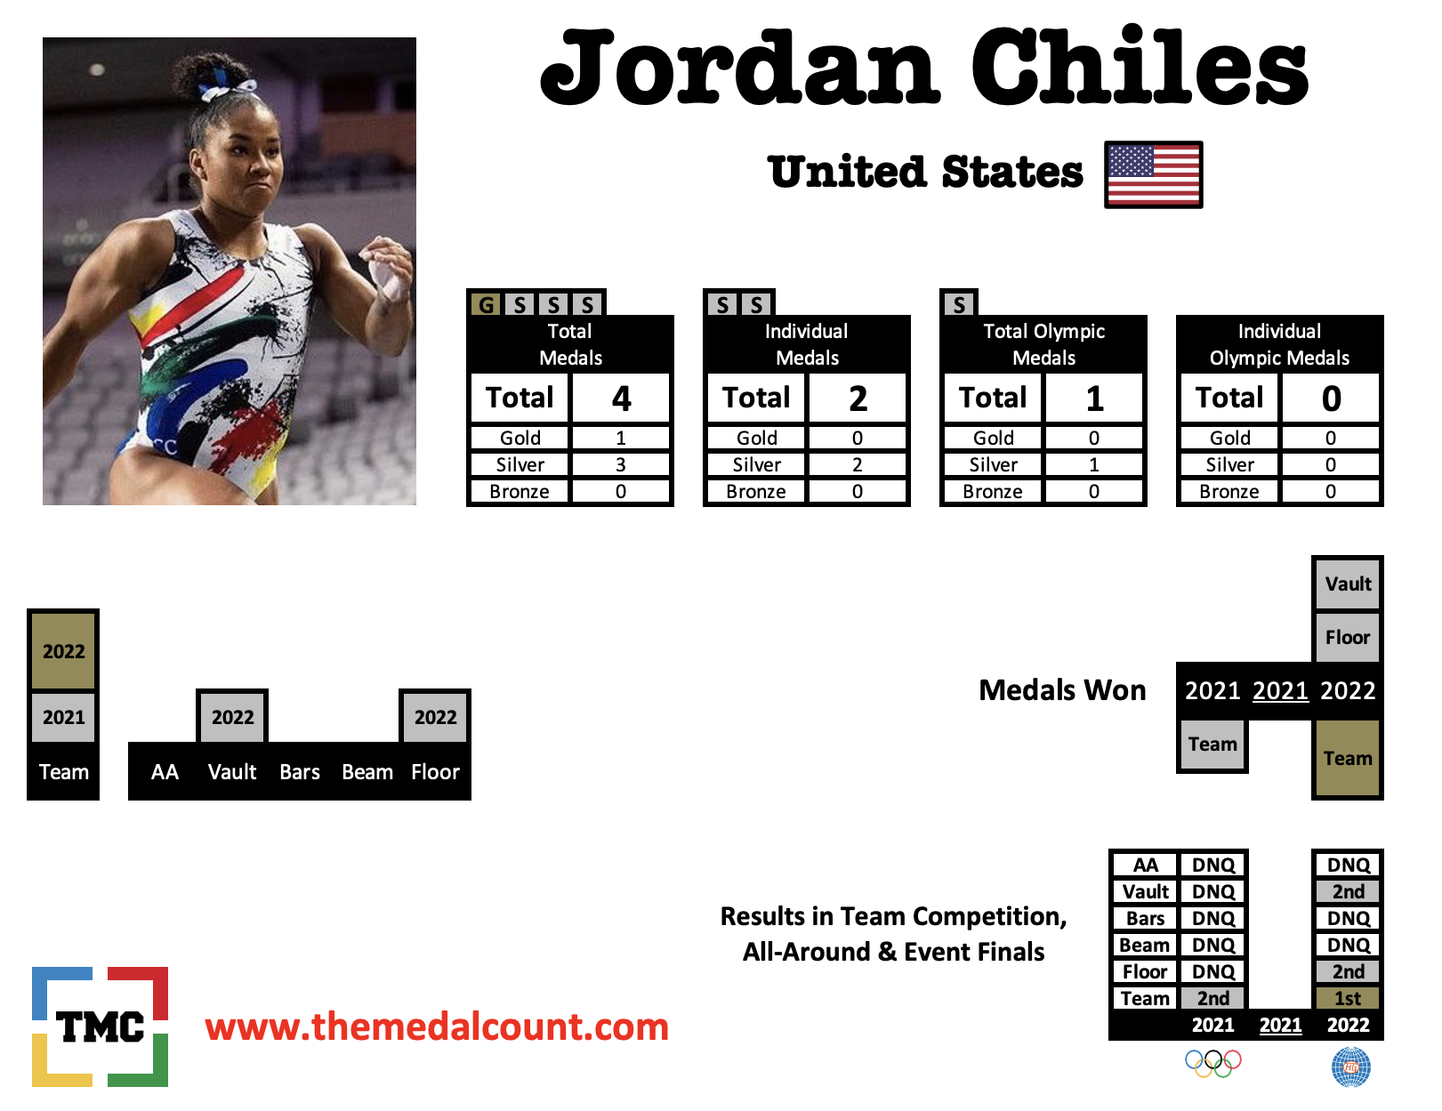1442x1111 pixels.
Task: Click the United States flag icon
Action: pyautogui.click(x=1154, y=174)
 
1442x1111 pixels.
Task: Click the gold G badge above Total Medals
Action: pyautogui.click(x=487, y=304)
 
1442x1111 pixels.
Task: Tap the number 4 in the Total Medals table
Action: pyautogui.click(x=621, y=398)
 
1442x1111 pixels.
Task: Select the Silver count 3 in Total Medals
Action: pyautogui.click(x=621, y=464)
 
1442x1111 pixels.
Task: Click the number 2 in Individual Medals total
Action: pyautogui.click(x=858, y=398)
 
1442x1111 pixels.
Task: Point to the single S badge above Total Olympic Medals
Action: pyautogui.click(x=959, y=304)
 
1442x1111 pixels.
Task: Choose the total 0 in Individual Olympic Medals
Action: pyautogui.click(x=1331, y=398)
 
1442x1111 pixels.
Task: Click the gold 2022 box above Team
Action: pyautogui.click(x=64, y=651)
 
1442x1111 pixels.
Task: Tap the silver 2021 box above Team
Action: pyautogui.click(x=64, y=717)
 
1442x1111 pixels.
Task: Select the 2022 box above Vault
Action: pyautogui.click(x=232, y=717)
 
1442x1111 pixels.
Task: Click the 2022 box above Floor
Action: pyautogui.click(x=435, y=717)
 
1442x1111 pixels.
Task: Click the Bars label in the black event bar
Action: pyautogui.click(x=300, y=771)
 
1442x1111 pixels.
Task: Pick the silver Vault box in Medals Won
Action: pyautogui.click(x=1348, y=584)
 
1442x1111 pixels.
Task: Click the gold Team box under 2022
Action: pyautogui.click(x=1348, y=758)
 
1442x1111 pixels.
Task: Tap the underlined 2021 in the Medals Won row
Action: pyautogui.click(x=1280, y=690)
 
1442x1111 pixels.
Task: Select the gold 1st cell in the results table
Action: pyautogui.click(x=1348, y=997)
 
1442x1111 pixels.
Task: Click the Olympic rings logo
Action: pyautogui.click(x=1213, y=1063)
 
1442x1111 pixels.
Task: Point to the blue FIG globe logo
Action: pyautogui.click(x=1350, y=1067)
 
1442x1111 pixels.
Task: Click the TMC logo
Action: pyautogui.click(x=101, y=1026)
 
